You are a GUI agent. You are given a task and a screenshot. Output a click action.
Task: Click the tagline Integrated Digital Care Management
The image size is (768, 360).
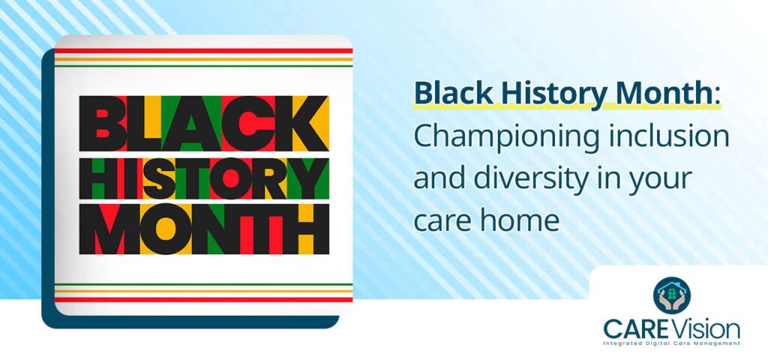[x=672, y=343]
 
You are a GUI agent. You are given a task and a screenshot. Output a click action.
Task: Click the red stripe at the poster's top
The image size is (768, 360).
[x=204, y=51]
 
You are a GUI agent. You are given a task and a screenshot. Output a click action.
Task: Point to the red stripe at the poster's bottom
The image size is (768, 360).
[x=204, y=299]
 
